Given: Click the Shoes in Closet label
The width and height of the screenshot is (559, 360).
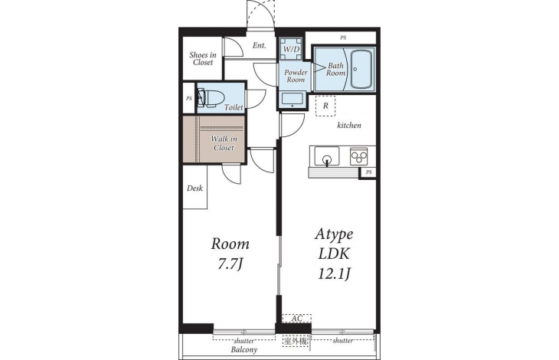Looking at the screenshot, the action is point(203,59).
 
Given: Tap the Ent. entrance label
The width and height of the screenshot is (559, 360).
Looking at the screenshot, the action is point(259,45).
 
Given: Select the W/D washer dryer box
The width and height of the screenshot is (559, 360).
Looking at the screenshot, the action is point(291,49).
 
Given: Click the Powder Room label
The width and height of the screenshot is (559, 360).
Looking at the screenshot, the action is point(296,76).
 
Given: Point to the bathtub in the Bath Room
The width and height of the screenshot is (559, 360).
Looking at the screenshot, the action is point(362,69).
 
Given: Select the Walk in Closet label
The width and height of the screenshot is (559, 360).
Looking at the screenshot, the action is point(224,143).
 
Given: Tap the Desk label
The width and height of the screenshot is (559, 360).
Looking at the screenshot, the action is point(195,188).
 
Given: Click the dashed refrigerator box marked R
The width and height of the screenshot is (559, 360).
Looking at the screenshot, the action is point(325,106).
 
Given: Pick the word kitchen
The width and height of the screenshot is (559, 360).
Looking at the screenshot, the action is point(349,125).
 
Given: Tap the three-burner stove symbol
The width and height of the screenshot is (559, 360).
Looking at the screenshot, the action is point(358,156).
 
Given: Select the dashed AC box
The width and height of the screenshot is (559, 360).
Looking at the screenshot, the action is point(296,318).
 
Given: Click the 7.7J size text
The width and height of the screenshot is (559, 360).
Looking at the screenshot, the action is point(230,264).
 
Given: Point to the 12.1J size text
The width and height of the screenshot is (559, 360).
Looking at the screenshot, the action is point(334,273).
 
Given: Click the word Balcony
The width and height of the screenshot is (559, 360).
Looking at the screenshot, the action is point(244,350).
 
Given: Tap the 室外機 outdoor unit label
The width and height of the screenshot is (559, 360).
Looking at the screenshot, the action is point(295,341).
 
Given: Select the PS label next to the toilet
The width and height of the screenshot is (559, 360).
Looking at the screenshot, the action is point(188,98).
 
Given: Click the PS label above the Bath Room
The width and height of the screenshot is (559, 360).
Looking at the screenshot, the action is point(343,38).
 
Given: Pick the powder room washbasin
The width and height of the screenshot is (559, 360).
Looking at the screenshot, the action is point(293,100).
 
